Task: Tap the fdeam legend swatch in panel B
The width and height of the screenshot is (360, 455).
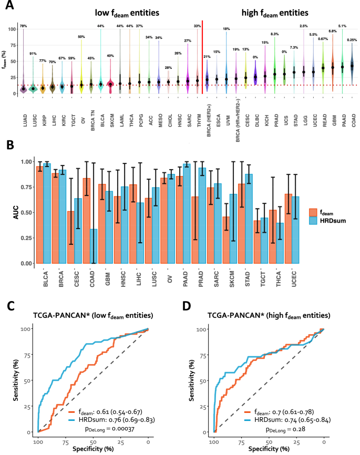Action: pos(314,213)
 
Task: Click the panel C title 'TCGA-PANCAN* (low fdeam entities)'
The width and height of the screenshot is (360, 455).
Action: pos(92,315)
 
